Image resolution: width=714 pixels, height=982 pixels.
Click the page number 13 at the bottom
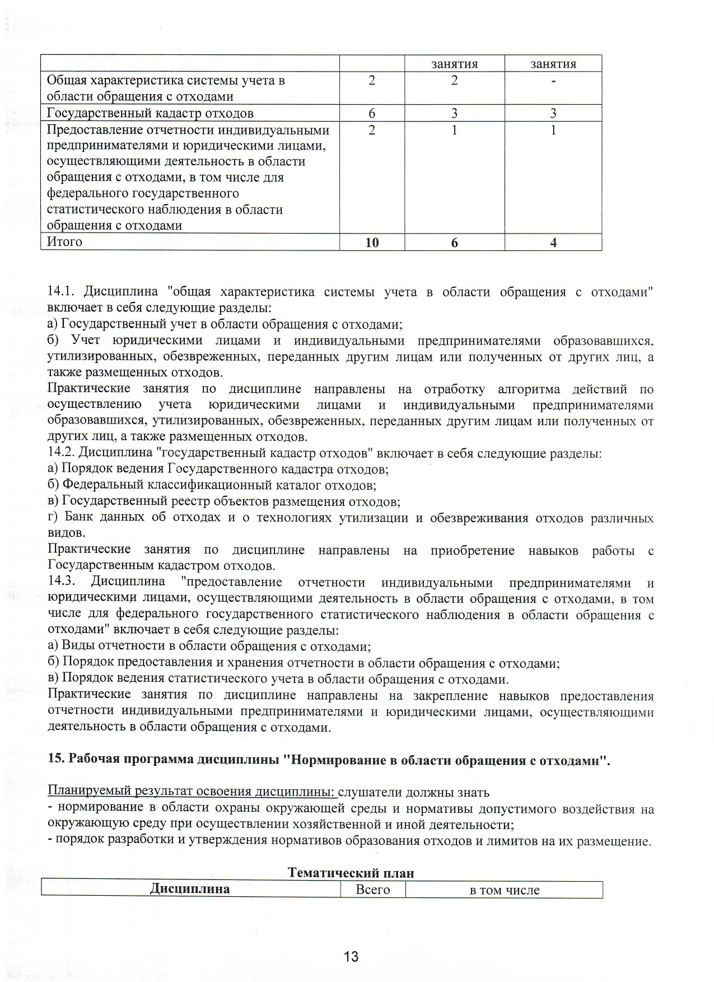click(351, 956)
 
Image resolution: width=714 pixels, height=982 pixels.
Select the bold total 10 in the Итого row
click(371, 243)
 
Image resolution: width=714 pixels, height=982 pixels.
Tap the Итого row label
click(64, 242)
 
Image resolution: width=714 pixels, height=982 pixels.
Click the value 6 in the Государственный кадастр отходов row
click(371, 113)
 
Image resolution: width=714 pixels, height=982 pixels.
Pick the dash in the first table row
click(553, 81)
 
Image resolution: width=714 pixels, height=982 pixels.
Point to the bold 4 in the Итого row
click(553, 243)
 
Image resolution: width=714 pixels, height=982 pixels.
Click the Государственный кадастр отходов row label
click(150, 113)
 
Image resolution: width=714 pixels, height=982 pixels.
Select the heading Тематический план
click(351, 873)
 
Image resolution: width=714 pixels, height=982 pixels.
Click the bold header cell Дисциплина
click(190, 889)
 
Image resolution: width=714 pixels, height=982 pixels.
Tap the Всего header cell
click(372, 890)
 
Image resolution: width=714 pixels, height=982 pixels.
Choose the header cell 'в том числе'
click(504, 890)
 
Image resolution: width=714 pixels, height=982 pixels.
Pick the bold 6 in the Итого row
click(454, 243)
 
